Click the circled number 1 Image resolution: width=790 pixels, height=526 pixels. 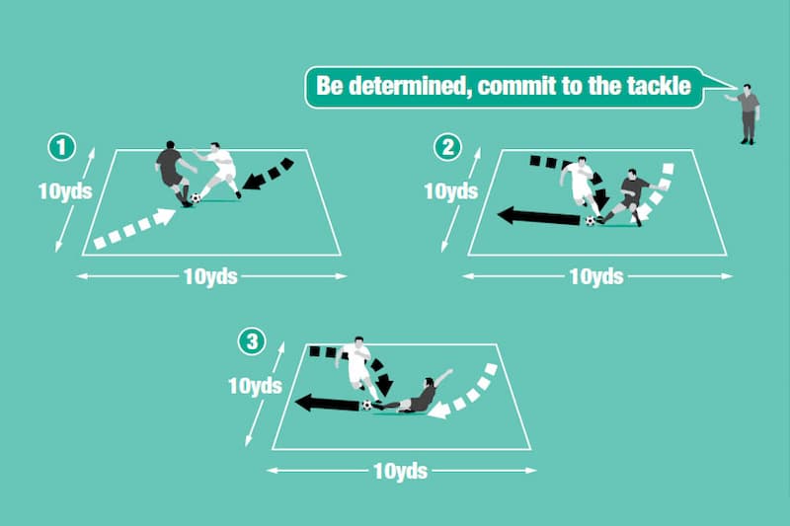pos(62,148)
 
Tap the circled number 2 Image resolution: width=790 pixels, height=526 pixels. pos(449,148)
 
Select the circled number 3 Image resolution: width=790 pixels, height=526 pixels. pos(254,342)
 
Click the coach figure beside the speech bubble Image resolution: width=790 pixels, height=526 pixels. pos(749,113)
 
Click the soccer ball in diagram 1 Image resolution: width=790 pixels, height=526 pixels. pos(196,198)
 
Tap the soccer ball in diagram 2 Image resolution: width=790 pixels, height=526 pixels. pos(591,221)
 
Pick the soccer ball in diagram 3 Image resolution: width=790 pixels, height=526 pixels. pos(366,405)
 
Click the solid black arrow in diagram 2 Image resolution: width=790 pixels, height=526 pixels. pos(538,216)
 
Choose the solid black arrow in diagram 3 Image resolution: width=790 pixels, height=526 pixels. pos(326,403)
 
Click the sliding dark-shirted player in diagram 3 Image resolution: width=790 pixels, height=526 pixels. pos(415,396)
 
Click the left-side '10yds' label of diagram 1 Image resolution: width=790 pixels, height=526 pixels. pos(65,191)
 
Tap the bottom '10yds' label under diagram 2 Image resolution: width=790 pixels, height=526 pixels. pos(596,276)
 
